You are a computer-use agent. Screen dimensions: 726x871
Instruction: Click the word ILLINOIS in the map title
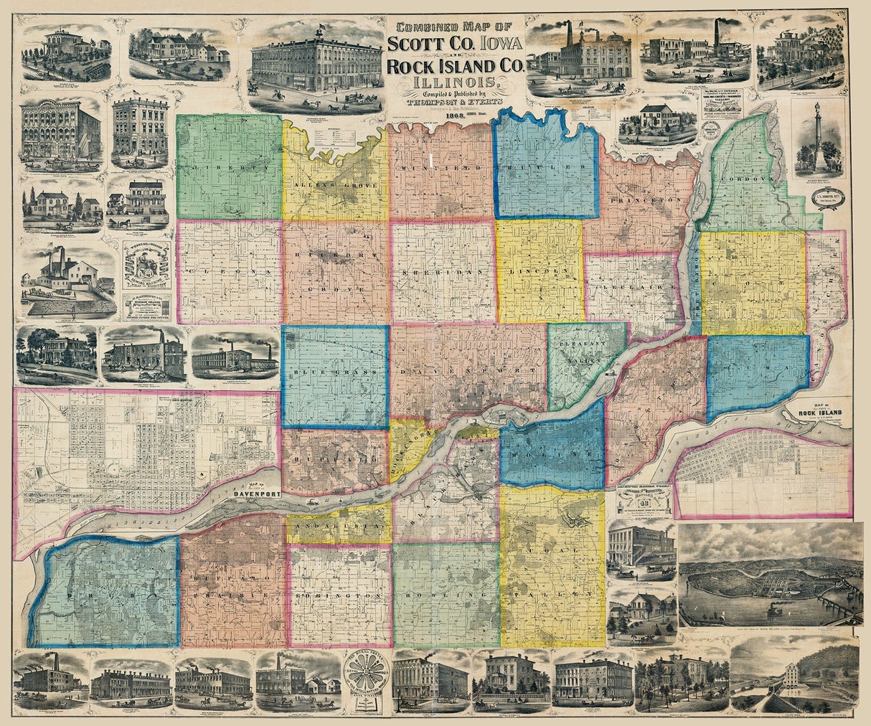point(454,82)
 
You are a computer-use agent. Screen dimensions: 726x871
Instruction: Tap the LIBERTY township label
point(228,166)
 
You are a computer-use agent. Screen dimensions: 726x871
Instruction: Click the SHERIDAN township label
point(441,275)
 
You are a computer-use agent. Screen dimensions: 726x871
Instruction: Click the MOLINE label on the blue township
point(551,456)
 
